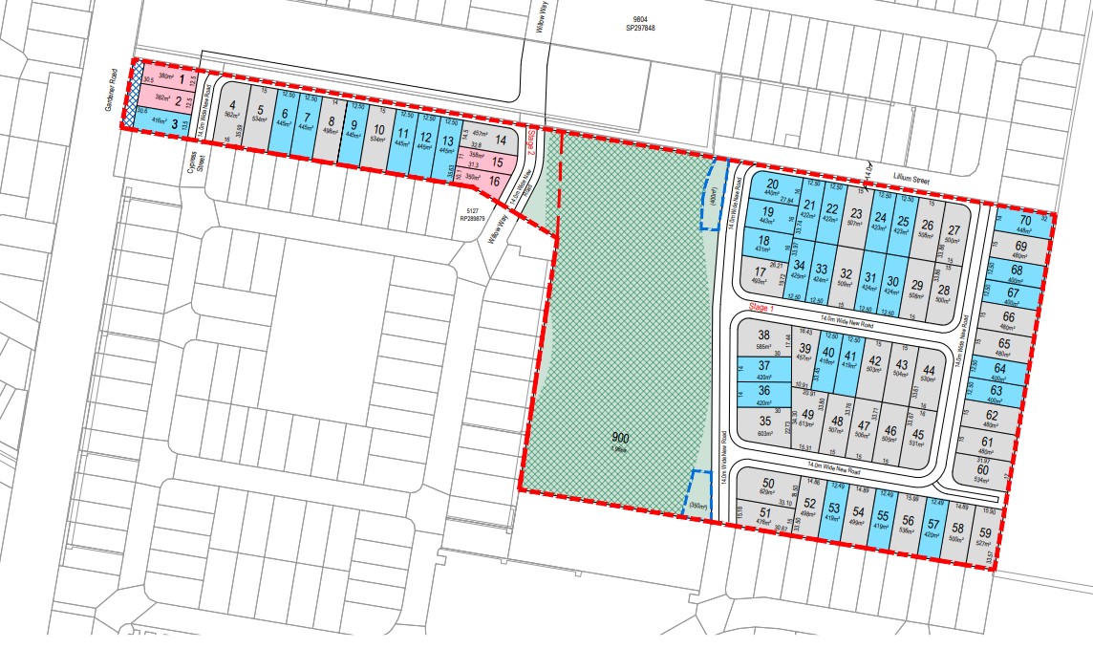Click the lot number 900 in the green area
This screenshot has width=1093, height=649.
tap(621, 437)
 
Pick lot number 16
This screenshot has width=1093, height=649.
tap(494, 180)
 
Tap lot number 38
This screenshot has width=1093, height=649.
tap(763, 335)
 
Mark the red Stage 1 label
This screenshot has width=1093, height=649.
tap(762, 308)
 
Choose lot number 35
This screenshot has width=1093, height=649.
tap(764, 420)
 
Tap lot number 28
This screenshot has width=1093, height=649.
tap(943, 290)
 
